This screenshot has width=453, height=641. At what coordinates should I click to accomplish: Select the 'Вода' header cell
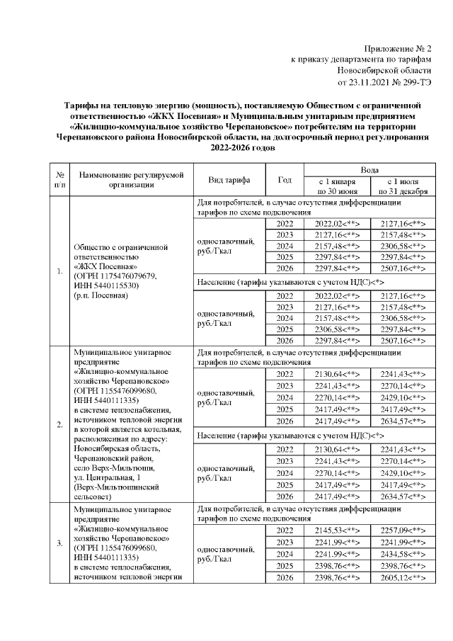tap(369, 171)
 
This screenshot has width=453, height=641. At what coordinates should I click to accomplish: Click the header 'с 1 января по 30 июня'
tap(336, 186)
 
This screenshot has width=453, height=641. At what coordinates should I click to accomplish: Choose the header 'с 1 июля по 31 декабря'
tap(402, 186)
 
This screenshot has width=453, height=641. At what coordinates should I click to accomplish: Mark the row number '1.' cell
tap(60, 271)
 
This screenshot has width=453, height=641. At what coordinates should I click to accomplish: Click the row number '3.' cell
tap(60, 543)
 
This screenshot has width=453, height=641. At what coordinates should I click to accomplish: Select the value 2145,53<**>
tap(336, 531)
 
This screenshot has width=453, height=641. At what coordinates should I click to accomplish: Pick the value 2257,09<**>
tap(402, 531)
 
